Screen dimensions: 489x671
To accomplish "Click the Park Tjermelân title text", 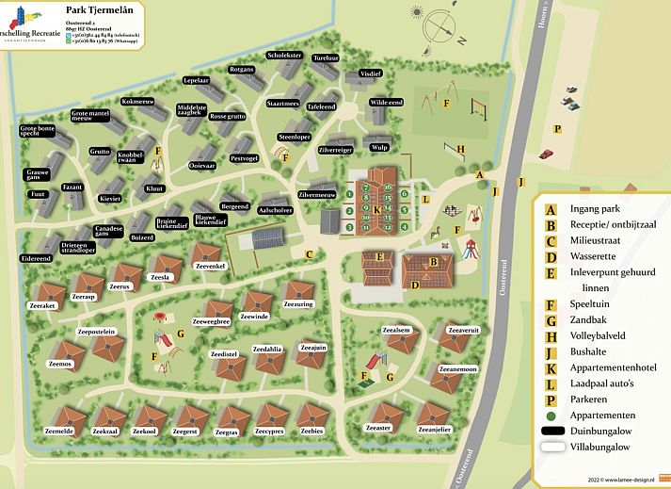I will tap(106, 9).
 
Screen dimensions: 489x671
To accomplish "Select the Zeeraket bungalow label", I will tap(43, 306).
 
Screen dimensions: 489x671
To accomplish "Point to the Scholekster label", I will tap(284, 56).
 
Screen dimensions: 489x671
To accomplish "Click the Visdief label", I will tap(371, 73).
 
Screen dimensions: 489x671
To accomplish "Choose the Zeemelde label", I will tap(58, 431).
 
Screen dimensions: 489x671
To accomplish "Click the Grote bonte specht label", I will tap(38, 133).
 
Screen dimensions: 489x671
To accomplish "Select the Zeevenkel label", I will tap(211, 268).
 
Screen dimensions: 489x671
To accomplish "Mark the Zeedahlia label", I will tap(267, 349).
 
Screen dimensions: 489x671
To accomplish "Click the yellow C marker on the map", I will tap(309, 253).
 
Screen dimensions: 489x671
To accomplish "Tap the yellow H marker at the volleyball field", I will tap(461, 148).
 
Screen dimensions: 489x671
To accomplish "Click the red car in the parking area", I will tap(547, 153).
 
